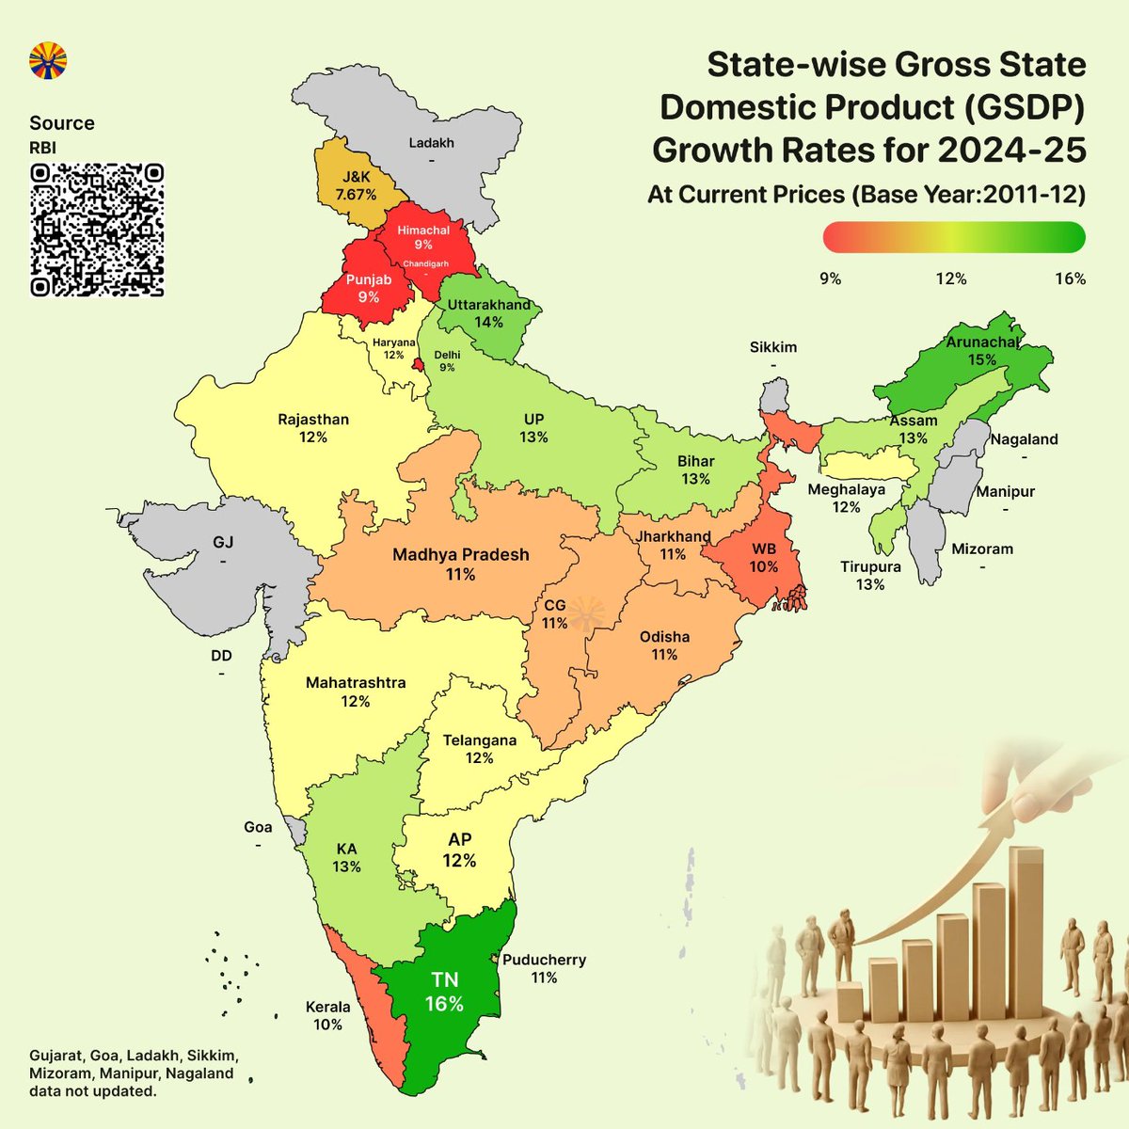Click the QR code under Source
pos(97,230)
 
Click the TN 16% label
pos(444,993)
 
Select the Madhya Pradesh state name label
pos(460,554)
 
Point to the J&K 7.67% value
pos(357,195)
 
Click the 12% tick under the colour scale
pos(950,278)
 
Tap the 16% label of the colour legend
pos(1070,278)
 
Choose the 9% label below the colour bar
pos(830,278)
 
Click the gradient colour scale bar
pos(953,237)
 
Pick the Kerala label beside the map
pos(327,1007)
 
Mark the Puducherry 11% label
pos(544,968)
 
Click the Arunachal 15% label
pos(982,351)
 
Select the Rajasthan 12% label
pos(313,428)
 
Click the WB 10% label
pos(764,558)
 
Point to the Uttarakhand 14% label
pos(488,313)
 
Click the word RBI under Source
pos(42,148)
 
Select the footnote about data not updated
pos(132,1073)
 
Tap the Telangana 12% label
pos(479,749)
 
